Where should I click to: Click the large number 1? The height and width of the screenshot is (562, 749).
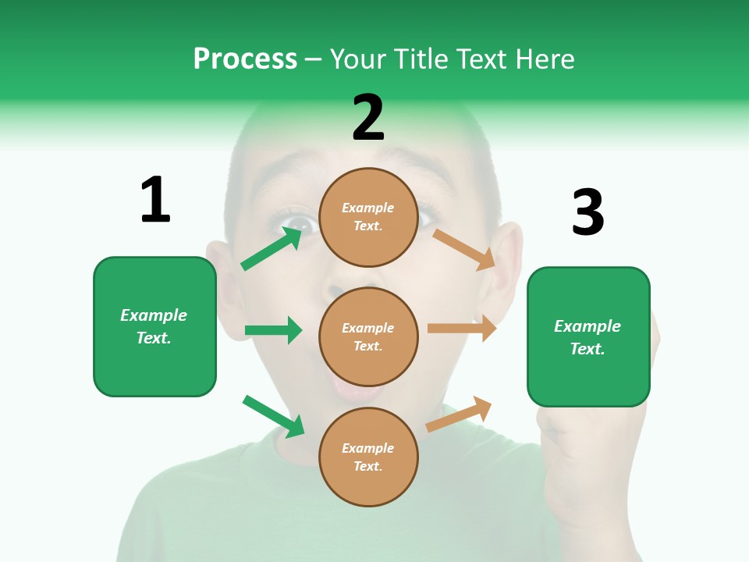coord(155,200)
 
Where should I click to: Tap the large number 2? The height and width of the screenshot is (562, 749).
coord(368,118)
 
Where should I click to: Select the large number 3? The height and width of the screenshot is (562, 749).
coord(588,212)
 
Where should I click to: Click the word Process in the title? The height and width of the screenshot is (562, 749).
coord(245,59)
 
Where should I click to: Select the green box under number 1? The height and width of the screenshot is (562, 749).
coord(154,326)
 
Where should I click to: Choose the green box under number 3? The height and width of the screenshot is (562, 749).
coord(588,337)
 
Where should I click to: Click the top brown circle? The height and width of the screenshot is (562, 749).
coord(368,217)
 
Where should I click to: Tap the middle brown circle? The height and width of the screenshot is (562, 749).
coord(368,336)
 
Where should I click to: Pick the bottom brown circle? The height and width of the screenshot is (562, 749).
coord(368,457)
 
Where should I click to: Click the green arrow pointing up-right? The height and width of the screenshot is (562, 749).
coord(272,248)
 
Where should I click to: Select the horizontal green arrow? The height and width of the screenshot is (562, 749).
coord(273,330)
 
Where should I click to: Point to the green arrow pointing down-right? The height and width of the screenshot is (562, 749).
coord(273,416)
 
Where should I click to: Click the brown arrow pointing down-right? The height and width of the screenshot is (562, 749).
coord(464,249)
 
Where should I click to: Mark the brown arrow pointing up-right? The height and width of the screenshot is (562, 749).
coord(459,414)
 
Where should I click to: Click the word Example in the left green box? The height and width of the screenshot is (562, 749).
coord(154,315)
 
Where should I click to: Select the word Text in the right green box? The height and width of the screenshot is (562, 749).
coord(587,349)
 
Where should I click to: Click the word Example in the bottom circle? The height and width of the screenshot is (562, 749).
coord(368,448)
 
